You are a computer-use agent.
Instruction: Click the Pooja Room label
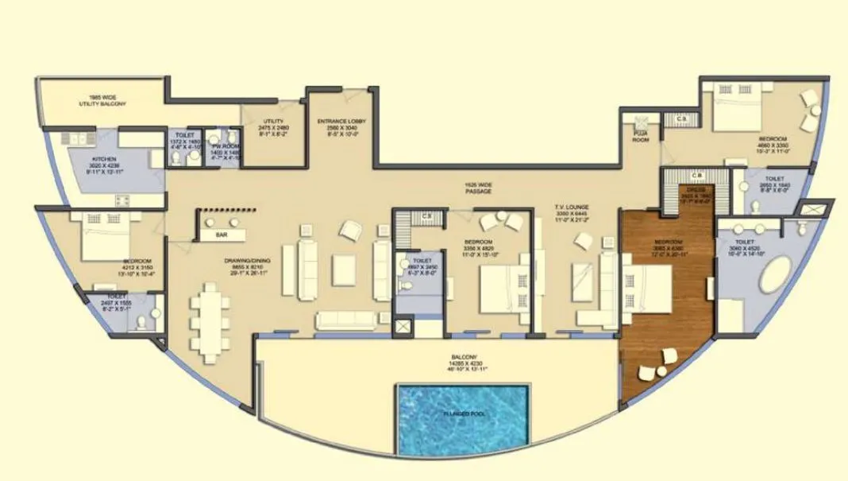640,137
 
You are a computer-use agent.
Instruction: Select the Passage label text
480,189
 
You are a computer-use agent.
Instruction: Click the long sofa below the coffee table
346,320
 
